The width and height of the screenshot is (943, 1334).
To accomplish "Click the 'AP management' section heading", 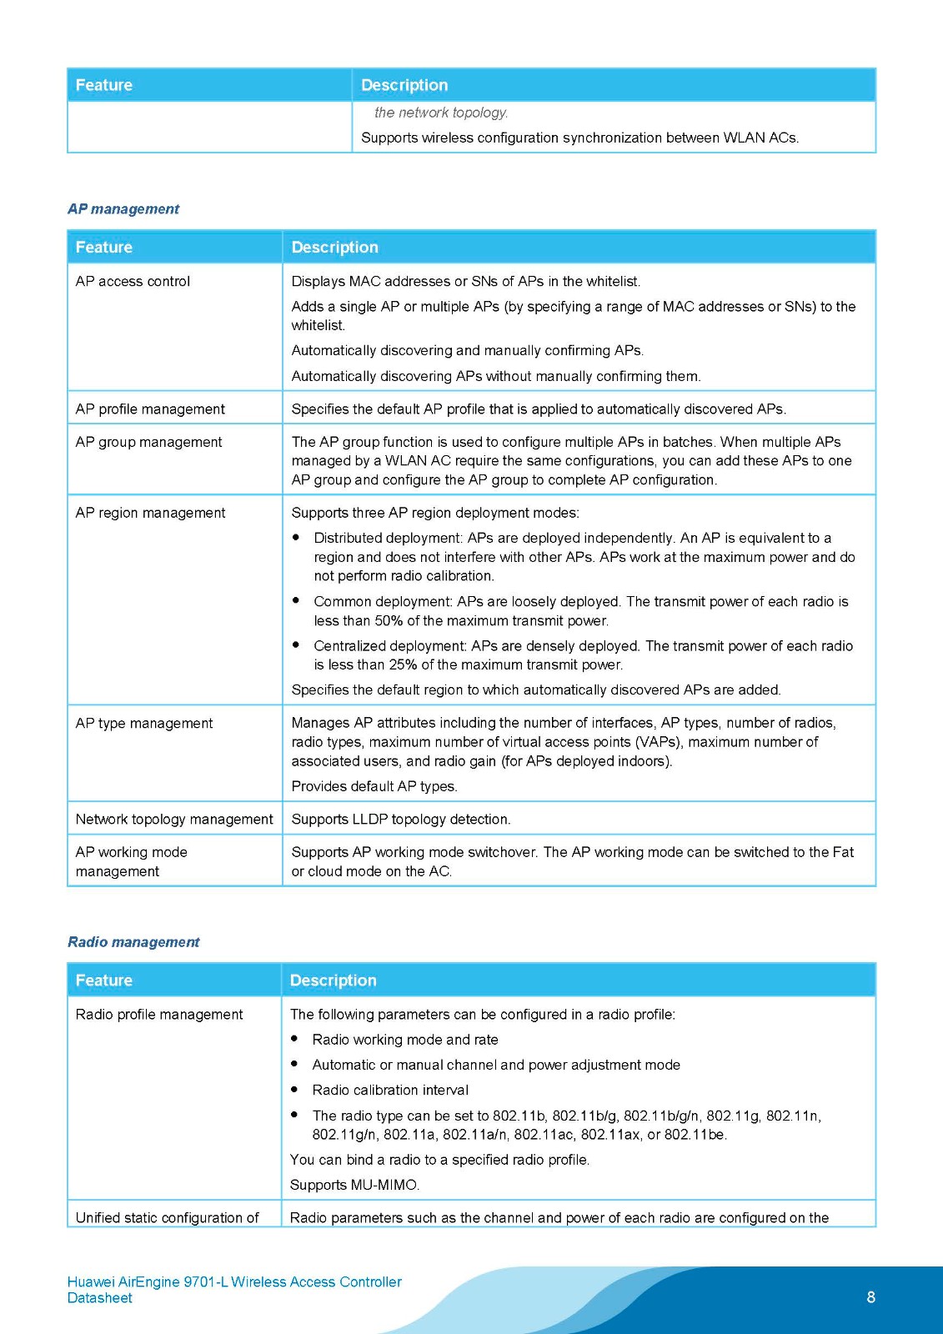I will (123, 209).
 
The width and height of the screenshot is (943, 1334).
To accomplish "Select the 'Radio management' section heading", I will (133, 942).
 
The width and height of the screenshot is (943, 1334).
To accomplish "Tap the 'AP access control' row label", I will (133, 282).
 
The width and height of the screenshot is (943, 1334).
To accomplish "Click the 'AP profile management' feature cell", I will (150, 409).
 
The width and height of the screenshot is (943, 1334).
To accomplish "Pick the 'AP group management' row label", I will (148, 442).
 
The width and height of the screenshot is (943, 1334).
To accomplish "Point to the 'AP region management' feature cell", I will (150, 513).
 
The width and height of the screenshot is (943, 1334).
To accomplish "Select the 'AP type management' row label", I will (143, 724).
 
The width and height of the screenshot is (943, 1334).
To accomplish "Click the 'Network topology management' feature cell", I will (174, 820).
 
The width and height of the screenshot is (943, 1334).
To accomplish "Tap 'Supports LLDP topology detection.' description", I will (401, 820).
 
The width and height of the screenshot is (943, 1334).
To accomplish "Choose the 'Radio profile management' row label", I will (159, 1015).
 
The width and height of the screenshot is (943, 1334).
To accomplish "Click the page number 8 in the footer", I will (871, 1297).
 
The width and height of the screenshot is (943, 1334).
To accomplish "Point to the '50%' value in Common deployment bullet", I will (389, 621).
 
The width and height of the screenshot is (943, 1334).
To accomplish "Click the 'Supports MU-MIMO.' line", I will (354, 1186).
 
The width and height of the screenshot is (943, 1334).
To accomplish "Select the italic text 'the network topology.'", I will (441, 113).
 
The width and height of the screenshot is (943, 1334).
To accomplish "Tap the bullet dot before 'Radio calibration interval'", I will (294, 1090).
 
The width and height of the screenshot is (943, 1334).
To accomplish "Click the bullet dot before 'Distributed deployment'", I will (296, 538).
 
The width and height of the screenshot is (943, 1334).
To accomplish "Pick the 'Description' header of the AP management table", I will (334, 248).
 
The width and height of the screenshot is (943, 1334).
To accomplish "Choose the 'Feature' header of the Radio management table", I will (104, 980).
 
